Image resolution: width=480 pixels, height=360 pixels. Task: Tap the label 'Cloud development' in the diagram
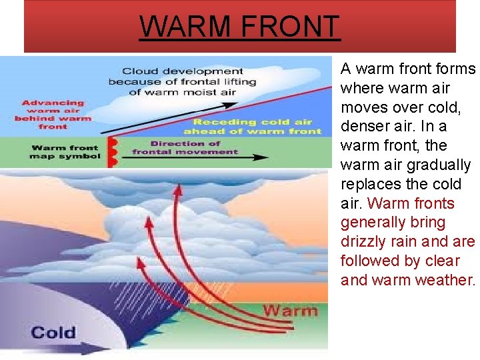tap(183, 71)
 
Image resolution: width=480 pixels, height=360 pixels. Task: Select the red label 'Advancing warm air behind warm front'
tap(53, 114)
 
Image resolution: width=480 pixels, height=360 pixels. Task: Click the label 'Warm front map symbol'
tap(64, 152)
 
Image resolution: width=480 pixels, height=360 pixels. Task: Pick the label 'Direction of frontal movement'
tap(185, 147)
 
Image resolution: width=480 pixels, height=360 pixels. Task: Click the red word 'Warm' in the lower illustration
tap(291, 310)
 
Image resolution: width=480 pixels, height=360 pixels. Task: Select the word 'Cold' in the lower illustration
tap(53, 331)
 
